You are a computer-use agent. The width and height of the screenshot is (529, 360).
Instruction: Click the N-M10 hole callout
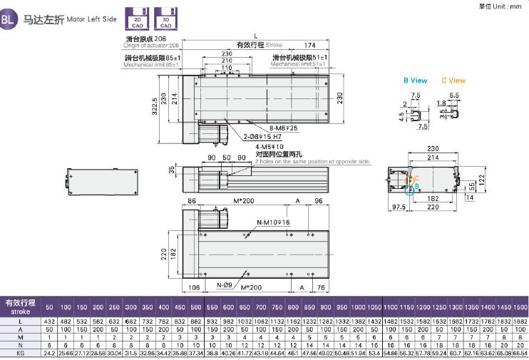274,222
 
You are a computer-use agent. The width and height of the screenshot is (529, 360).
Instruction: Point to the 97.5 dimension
397,207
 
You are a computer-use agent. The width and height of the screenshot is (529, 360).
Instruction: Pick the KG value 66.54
519,352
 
